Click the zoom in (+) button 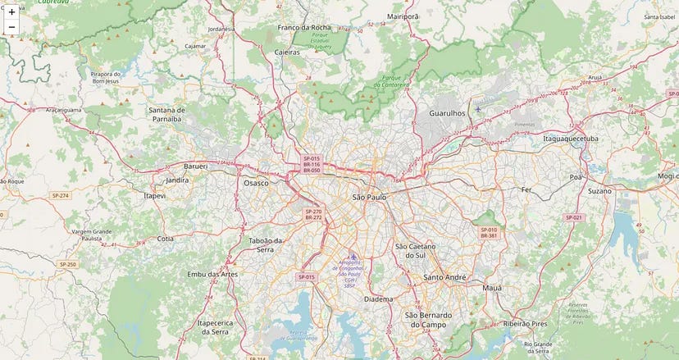click(11, 12)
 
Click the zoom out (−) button click(11, 28)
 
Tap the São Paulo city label click(369, 198)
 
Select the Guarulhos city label click(447, 113)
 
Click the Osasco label click(256, 183)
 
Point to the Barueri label click(195, 166)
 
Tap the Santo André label click(445, 277)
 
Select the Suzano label click(599, 190)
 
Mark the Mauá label click(492, 289)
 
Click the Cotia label click(166, 239)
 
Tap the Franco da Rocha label click(304, 27)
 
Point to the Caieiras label click(287, 50)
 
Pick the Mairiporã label click(403, 16)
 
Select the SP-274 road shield click(60, 195)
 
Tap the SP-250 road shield click(67, 264)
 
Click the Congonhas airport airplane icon click(353, 257)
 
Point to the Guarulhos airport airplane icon click(478, 109)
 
